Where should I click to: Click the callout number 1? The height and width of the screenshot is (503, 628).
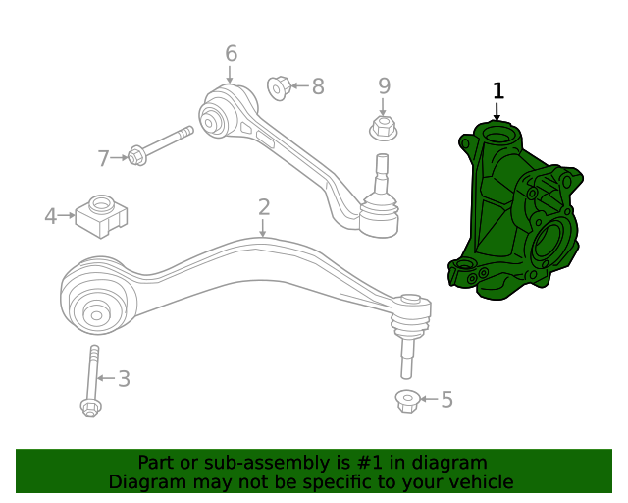click(498, 91)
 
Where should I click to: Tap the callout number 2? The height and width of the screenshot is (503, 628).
click(264, 206)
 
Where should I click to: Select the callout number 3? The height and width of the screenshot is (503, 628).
click(124, 378)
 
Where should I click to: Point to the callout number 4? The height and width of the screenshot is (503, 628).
click(50, 215)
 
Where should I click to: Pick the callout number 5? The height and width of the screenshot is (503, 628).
click(446, 399)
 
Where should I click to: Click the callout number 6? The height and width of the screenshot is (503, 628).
click(231, 53)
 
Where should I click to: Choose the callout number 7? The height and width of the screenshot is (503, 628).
click(104, 157)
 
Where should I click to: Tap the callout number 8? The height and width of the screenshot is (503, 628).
click(317, 86)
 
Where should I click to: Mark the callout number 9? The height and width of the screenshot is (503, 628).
click(384, 86)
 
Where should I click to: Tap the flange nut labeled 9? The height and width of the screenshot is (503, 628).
click(383, 128)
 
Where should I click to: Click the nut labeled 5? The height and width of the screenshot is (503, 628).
click(407, 400)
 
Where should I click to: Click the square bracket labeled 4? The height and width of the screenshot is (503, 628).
click(102, 216)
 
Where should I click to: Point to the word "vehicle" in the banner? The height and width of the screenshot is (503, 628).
click(478, 482)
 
